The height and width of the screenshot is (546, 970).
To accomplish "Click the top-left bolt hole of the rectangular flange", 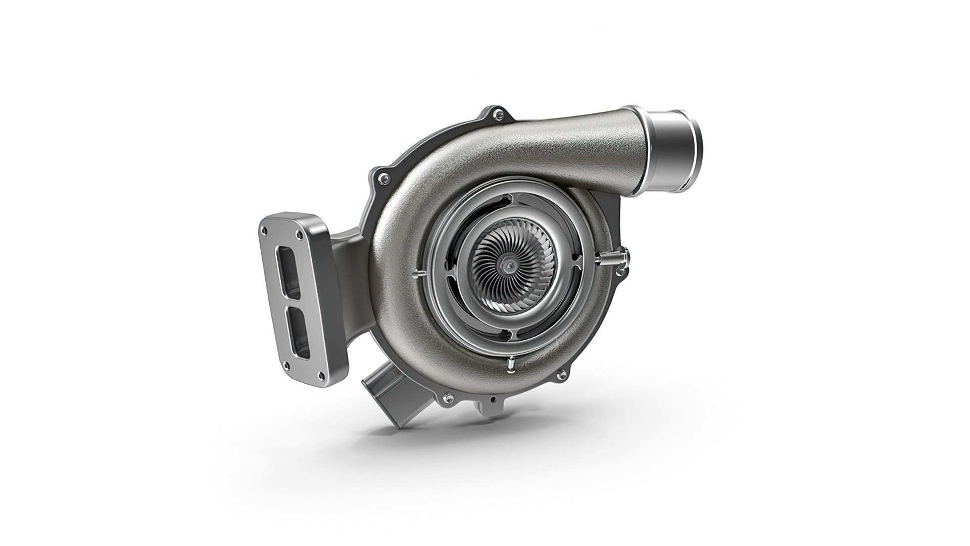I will coord(263,230).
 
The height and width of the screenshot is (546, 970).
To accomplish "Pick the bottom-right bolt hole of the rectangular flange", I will coord(320,375).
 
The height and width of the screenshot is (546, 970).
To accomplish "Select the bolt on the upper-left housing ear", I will coord(386,178).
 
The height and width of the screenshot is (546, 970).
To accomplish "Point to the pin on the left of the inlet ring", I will coord(420,274).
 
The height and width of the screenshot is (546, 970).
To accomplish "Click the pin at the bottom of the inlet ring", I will coord(511,362).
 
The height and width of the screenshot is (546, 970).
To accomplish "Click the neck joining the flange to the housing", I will coord(349,258).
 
